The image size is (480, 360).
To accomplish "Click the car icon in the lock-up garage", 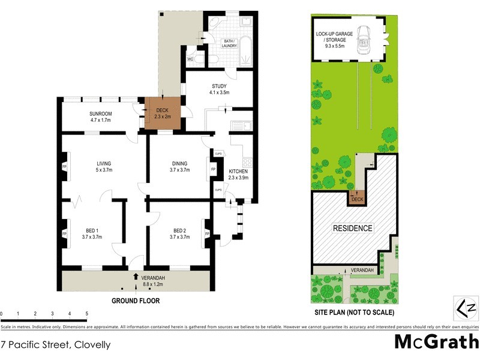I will (364, 41).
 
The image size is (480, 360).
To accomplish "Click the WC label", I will (190, 59).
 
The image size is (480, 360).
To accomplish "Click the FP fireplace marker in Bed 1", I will (64, 233).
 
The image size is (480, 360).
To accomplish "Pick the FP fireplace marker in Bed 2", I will (207, 233).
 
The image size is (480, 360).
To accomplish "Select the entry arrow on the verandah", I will (135, 277).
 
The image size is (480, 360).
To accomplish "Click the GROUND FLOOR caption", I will (135, 301).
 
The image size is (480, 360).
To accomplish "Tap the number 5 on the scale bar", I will (87, 314).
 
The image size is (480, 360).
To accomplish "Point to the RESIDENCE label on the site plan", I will (353, 229).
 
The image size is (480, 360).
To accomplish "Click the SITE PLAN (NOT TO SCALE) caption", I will (354, 313).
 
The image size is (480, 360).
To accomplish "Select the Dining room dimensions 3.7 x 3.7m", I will (179, 170).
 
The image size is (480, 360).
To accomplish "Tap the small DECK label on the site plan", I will (357, 199).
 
